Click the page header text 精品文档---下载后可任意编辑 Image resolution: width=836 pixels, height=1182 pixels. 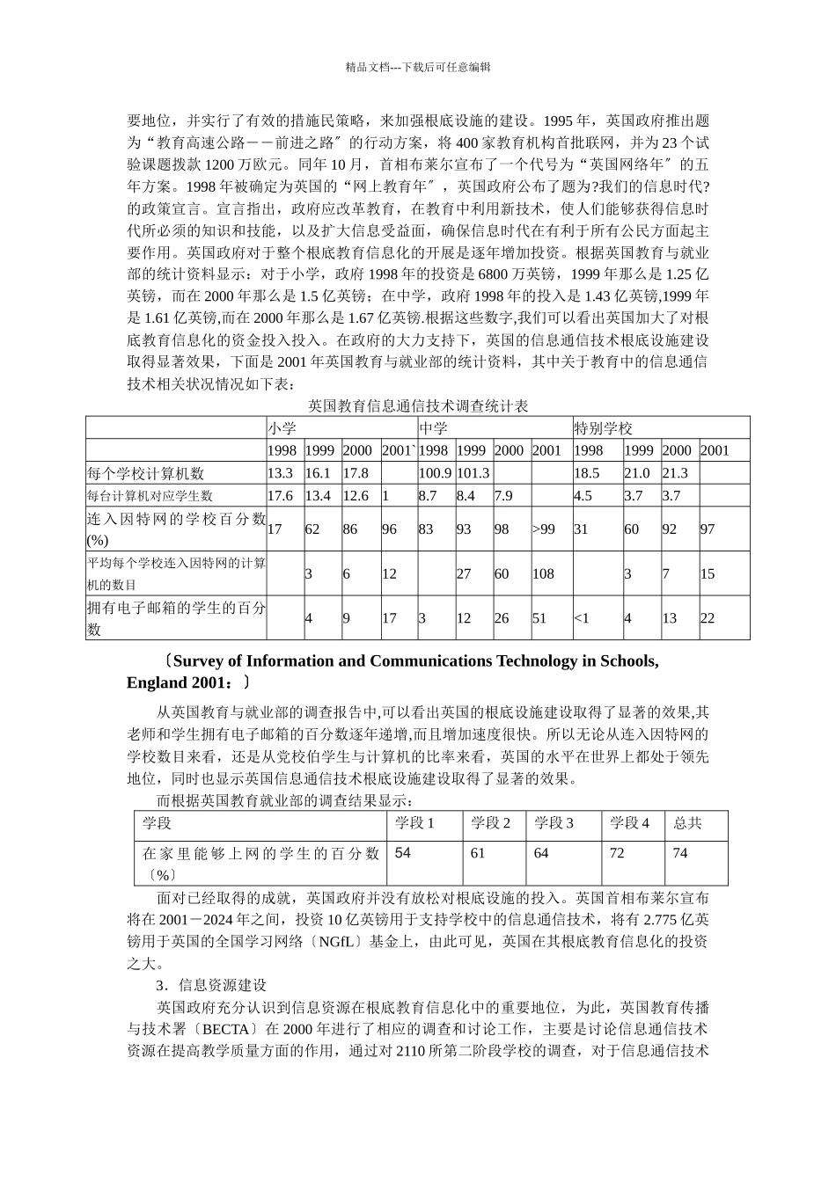417,67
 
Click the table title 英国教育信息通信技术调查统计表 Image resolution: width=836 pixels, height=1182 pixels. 417,405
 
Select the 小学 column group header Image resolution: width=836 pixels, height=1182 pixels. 282,428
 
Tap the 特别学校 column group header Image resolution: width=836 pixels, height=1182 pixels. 604,428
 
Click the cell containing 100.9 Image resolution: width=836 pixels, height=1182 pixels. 435,473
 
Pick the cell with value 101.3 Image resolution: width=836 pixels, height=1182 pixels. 473,473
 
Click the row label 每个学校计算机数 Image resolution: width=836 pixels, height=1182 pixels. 145,473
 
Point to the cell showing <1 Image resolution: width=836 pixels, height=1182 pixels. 582,618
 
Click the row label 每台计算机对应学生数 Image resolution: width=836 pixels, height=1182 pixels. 150,496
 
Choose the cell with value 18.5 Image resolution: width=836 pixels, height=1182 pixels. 587,473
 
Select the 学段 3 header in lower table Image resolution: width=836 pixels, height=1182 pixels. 554,823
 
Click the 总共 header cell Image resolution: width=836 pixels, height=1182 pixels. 687,823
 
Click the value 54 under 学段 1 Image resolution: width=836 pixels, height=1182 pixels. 403,853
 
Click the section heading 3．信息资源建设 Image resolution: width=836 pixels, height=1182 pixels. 211,985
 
